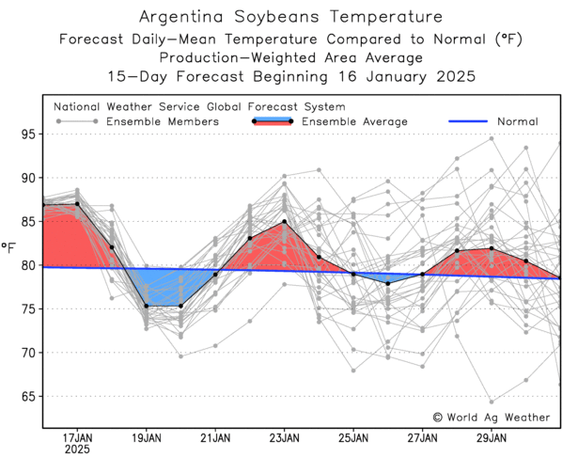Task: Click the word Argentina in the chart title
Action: tap(182, 18)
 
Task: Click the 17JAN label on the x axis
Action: tap(78, 438)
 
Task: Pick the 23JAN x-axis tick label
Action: tap(285, 438)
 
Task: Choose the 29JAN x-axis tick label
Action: tap(492, 438)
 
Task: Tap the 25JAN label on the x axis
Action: tap(353, 438)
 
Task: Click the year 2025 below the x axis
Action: tap(78, 450)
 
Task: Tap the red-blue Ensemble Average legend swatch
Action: tap(273, 121)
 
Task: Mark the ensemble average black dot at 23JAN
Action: tap(285, 222)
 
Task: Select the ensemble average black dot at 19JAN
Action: tap(147, 306)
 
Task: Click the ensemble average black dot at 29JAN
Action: tap(492, 248)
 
